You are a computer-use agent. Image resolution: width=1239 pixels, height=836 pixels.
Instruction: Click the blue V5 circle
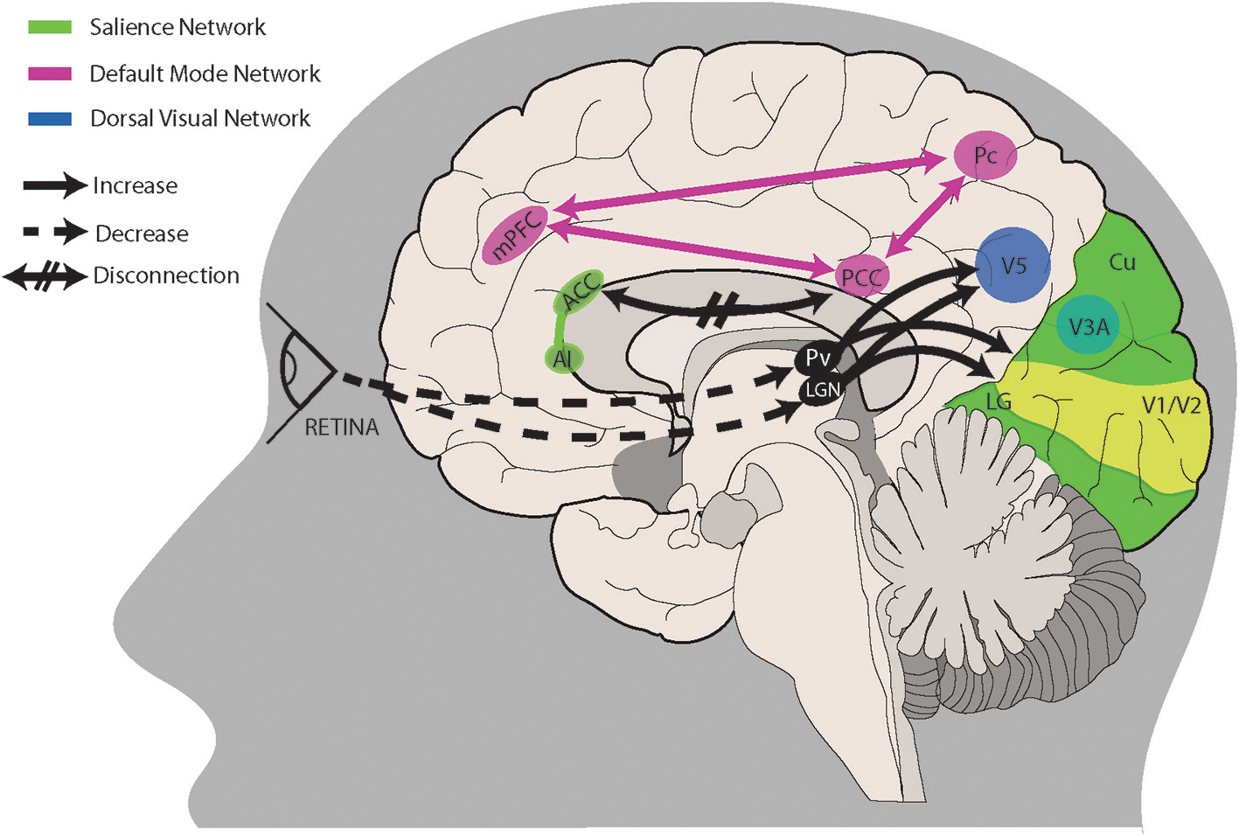tap(1013, 265)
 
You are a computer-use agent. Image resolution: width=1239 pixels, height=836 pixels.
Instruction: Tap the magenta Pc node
tap(985, 156)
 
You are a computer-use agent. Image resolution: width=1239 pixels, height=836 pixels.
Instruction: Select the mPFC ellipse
tap(515, 235)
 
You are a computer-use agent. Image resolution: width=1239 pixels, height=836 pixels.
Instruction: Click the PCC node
tap(862, 276)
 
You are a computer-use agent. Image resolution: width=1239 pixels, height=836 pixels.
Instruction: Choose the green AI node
tap(562, 359)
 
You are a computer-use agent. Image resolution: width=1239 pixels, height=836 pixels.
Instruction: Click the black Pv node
tap(818, 358)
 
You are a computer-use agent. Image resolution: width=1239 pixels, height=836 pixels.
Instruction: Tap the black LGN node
tap(822, 389)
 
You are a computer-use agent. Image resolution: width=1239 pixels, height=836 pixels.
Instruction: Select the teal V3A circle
tap(1088, 326)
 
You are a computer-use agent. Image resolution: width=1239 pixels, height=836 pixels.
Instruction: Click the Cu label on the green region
tap(1122, 261)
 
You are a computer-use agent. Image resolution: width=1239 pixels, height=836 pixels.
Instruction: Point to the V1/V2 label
tap(1171, 405)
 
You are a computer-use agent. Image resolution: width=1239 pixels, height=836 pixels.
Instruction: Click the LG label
tap(998, 401)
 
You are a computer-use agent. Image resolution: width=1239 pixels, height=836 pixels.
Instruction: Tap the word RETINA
tap(341, 428)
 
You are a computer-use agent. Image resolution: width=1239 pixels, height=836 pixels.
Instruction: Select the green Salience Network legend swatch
tap(50, 28)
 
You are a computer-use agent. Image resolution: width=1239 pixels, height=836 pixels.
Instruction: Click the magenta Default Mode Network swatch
tap(50, 74)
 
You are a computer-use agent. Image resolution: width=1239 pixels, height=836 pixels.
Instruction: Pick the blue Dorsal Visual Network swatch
tap(50, 119)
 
